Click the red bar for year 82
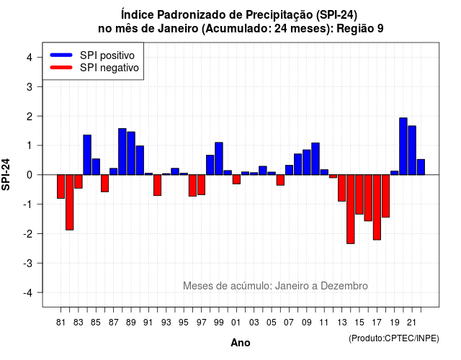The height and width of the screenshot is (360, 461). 70,202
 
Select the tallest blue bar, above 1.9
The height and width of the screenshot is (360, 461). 403,146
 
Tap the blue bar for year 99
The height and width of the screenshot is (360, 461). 219,158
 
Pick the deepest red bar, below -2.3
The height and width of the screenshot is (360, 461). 351,210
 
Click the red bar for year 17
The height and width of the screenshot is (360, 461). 377,207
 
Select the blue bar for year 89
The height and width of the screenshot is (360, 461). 131,153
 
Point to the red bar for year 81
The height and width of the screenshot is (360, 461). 61,186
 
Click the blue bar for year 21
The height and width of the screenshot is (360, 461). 412,150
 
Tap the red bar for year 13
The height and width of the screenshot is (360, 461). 341,188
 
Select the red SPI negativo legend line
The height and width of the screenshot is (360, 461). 61,68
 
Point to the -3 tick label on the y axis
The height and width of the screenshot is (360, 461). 29,263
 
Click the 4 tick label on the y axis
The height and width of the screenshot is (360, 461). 30,58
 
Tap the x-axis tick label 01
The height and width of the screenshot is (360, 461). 236,323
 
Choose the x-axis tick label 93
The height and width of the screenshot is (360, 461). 166,323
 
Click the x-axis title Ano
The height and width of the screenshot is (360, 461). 241,343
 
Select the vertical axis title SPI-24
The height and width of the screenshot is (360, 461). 6,174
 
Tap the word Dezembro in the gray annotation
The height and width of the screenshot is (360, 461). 344,286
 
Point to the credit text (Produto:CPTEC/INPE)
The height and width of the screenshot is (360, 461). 394,338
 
